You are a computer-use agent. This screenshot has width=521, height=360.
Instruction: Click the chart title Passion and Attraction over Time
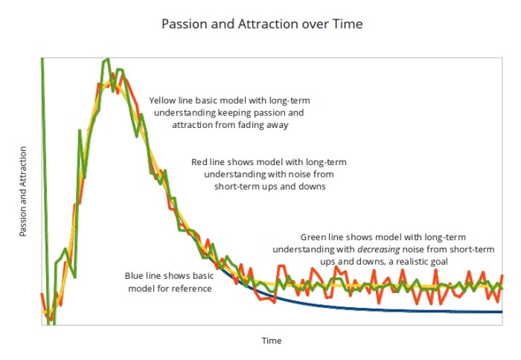click(262, 24)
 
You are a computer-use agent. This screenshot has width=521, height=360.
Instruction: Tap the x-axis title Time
click(271, 341)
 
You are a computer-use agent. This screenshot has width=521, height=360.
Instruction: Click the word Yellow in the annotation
click(164, 100)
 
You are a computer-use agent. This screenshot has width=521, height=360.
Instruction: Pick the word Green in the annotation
click(313, 236)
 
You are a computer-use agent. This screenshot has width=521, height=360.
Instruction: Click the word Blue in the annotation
click(135, 276)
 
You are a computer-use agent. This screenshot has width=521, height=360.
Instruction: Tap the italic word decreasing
click(383, 248)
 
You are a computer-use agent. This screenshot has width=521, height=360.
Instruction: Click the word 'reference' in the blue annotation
click(193, 289)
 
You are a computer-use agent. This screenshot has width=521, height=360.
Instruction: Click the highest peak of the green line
click(108, 59)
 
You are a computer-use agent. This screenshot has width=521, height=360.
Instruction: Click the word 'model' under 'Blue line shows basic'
click(142, 289)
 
